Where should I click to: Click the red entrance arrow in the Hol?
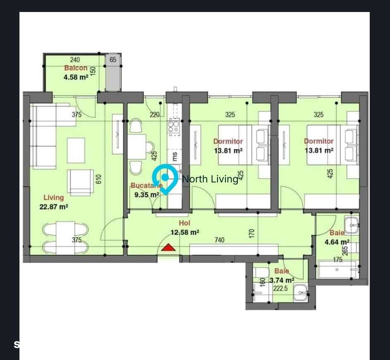pyautogui.click(x=168, y=248)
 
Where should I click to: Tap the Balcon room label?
pyautogui.click(x=76, y=68)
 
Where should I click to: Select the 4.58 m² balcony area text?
pyautogui.click(x=76, y=77)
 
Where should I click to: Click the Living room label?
pyautogui.click(x=54, y=198)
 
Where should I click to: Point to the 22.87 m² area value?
pyautogui.click(x=54, y=207)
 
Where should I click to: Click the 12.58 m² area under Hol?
pyautogui.click(x=185, y=232)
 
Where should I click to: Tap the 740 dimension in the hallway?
pyautogui.click(x=219, y=240)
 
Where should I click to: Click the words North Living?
pyautogui.click(x=210, y=179)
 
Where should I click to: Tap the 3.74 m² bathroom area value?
pyautogui.click(x=282, y=280)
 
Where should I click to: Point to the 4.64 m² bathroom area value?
pyautogui.click(x=337, y=242)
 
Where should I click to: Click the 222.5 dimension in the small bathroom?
pyautogui.click(x=280, y=288)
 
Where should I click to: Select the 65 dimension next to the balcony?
pyautogui.click(x=113, y=60)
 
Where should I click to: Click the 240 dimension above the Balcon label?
pyautogui.click(x=75, y=60)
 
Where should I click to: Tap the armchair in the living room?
pyautogui.click(x=81, y=182)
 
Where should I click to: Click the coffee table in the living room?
pyautogui.click(x=76, y=150)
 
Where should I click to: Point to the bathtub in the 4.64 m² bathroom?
pyautogui.click(x=337, y=269)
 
